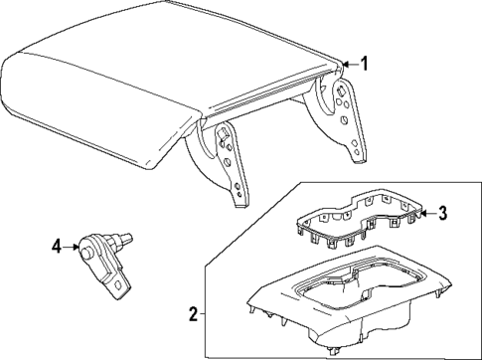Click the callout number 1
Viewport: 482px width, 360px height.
pos(365,66)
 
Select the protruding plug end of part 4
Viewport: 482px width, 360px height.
pos(127,238)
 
